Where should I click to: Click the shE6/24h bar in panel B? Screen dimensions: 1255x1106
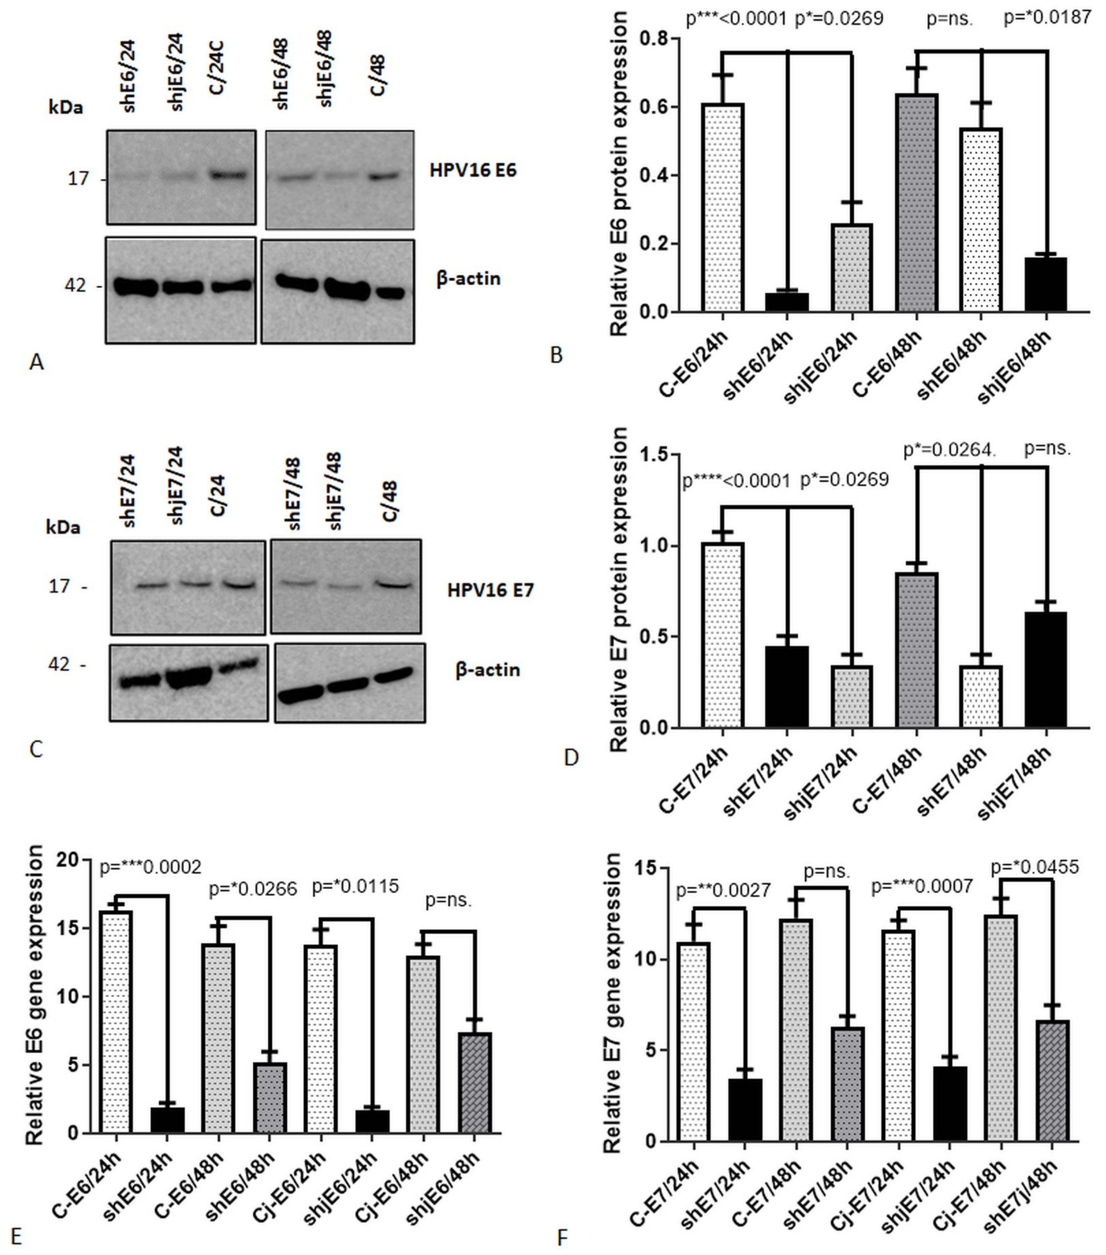787,302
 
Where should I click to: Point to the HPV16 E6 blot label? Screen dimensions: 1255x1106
473,170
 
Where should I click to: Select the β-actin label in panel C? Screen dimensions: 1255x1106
488,669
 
